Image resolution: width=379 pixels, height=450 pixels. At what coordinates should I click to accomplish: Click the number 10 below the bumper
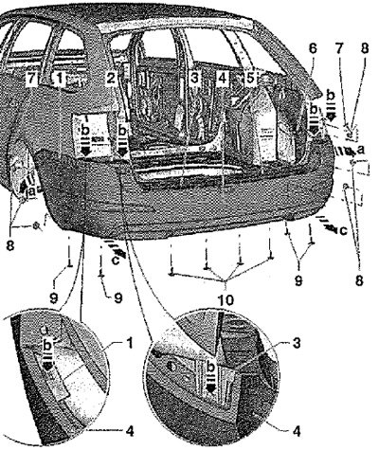(x=226, y=300)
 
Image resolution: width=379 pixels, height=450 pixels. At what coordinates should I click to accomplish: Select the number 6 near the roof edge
(x=312, y=48)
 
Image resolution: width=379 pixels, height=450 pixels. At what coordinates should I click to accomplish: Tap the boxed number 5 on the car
(x=250, y=78)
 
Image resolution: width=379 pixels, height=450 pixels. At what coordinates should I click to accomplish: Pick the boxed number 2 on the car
(x=111, y=78)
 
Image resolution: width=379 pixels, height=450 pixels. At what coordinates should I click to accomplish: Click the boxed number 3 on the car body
(x=194, y=78)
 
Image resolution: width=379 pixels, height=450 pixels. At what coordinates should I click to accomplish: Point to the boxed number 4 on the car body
(x=223, y=78)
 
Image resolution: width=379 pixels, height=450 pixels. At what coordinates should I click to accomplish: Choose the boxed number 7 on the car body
(x=31, y=78)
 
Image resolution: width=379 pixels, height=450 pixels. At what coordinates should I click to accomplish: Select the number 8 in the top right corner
(x=365, y=48)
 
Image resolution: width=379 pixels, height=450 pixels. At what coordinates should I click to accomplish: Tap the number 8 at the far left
(x=10, y=245)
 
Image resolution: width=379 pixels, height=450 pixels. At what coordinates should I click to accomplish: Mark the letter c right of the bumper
(x=343, y=231)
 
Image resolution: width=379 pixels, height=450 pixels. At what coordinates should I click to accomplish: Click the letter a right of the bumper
(x=361, y=150)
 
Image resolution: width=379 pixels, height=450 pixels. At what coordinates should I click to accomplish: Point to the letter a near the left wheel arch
(x=31, y=190)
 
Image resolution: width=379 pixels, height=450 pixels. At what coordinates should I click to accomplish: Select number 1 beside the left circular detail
(x=129, y=343)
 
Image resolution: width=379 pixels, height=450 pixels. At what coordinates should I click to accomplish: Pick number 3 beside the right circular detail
(x=296, y=343)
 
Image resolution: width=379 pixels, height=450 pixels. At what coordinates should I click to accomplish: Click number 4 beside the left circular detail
(x=130, y=430)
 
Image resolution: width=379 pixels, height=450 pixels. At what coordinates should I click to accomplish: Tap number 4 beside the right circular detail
(x=296, y=430)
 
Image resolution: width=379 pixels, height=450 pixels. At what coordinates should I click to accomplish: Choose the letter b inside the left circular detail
(x=47, y=346)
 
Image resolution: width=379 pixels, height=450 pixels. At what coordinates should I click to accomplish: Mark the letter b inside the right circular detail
(x=210, y=368)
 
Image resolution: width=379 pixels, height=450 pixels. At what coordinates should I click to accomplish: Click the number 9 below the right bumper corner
(x=298, y=280)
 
